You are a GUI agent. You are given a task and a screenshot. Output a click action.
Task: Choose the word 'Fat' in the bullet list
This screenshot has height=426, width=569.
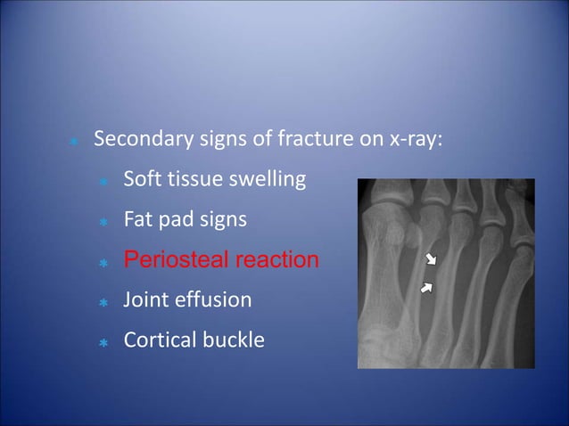pos(137,219)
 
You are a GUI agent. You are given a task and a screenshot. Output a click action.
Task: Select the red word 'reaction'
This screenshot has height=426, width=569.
pos(276,259)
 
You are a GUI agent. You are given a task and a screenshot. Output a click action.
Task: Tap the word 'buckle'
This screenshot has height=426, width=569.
pos(235,340)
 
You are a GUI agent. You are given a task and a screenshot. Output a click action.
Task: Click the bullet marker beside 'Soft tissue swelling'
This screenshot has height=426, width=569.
pos(103,182)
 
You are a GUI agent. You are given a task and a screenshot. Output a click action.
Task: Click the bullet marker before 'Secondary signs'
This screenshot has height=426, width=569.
pos(74,143)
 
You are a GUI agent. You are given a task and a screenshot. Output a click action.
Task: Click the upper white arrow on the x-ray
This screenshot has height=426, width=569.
pos(432,259)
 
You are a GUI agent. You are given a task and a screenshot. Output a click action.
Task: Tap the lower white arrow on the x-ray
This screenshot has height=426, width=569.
pos(427,287)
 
